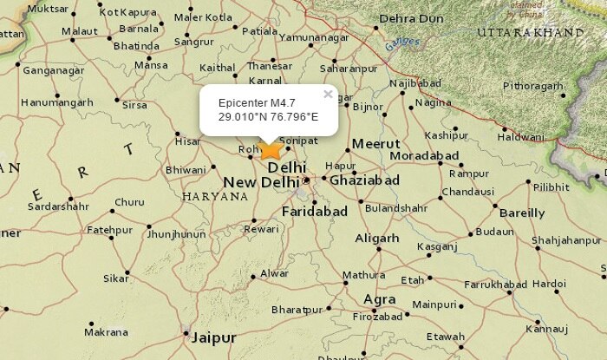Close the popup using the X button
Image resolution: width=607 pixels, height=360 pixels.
coord(328,94)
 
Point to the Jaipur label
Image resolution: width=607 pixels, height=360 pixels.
coord(213,337)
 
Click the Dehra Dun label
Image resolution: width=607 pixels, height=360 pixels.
coord(411,17)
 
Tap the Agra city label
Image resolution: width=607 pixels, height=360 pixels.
coord(380,299)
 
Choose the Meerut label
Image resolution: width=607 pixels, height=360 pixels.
coord(375,143)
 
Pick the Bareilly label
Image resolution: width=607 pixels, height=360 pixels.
coord(523,213)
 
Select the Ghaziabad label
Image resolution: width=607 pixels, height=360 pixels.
coord(364,180)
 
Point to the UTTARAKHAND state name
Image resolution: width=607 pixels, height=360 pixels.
coord(530,32)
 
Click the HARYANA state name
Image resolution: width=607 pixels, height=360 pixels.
coord(215,197)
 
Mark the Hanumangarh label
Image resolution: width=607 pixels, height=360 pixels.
coord(57,101)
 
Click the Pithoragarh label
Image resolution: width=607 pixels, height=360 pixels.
coord(532,86)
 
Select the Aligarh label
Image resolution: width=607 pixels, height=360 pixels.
coord(376,238)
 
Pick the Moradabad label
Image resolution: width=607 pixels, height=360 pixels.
coord(424,155)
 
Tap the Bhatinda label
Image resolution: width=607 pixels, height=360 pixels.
coord(137,45)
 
